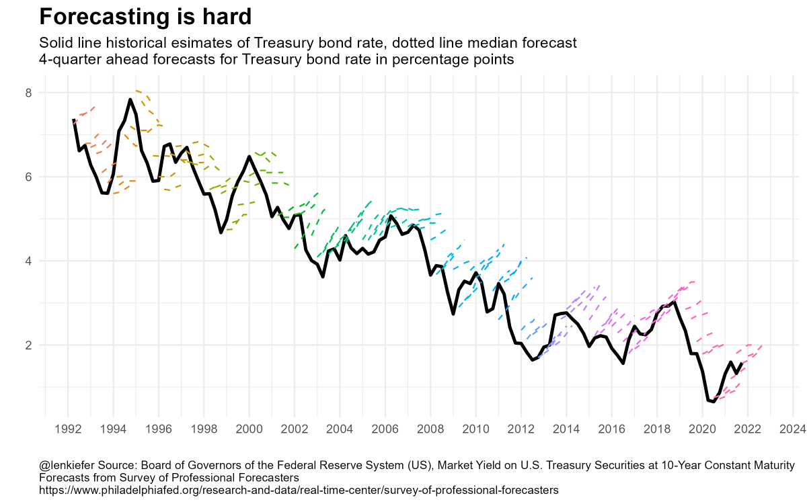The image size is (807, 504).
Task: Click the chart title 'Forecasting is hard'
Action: (x=145, y=16)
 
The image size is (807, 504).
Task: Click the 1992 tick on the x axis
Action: (x=68, y=428)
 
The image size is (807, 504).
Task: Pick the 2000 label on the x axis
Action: (x=249, y=428)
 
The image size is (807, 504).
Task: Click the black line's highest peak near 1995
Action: (x=130, y=99)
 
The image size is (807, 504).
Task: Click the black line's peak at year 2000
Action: (x=249, y=157)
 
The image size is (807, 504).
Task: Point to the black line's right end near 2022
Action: (x=742, y=363)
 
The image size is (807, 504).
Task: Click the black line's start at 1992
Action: (x=73, y=120)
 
